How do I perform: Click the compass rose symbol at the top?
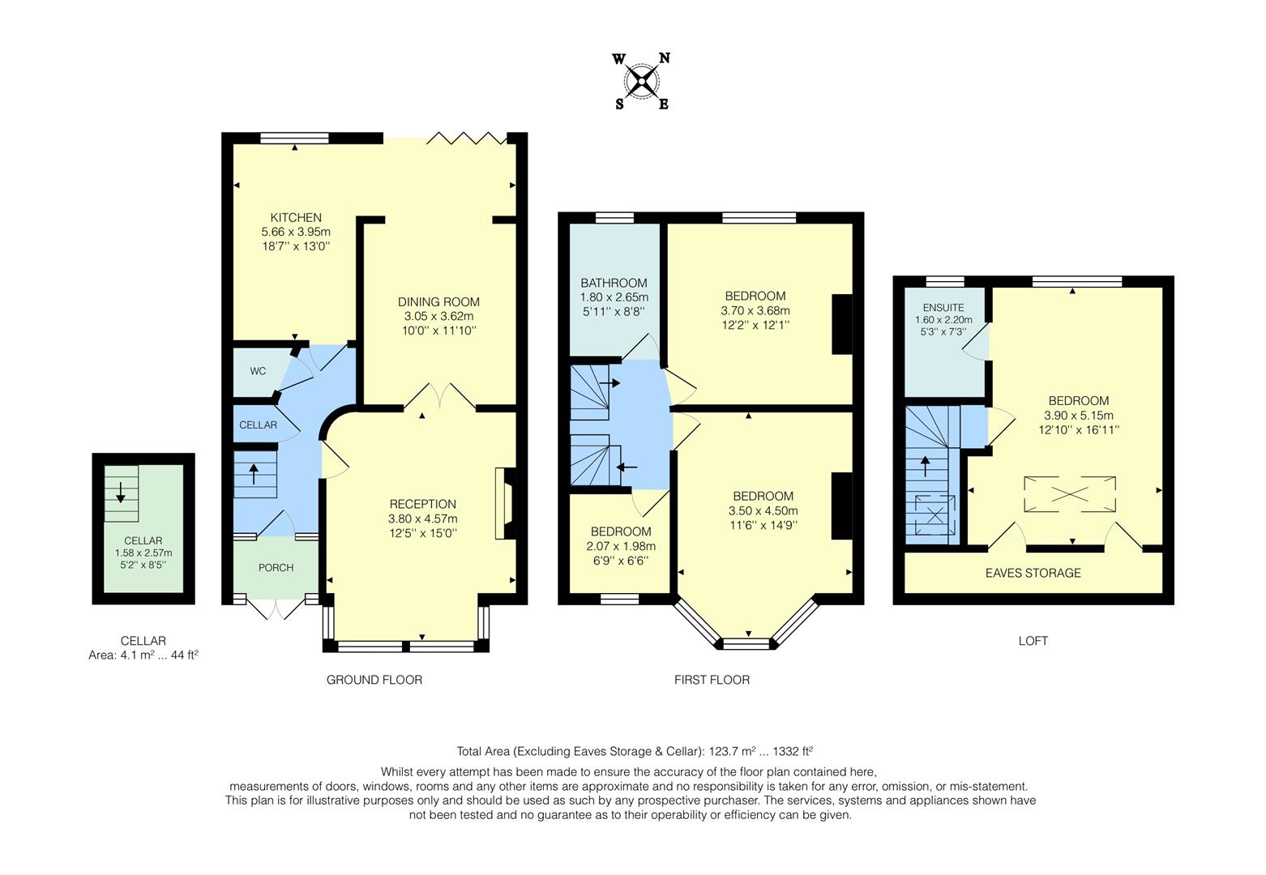[642, 81]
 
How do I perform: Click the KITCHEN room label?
[296, 217]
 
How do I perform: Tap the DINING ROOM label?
[438, 302]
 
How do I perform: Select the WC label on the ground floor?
[258, 371]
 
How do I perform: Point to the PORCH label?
[276, 567]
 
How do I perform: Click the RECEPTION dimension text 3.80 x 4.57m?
[422, 519]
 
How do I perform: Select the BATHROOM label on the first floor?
[614, 283]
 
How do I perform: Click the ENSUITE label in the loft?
[943, 308]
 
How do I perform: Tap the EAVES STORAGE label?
[1033, 573]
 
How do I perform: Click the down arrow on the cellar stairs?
[121, 491]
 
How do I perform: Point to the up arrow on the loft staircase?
[926, 467]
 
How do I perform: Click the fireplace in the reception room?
[504, 503]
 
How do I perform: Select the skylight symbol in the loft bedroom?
[1070, 494]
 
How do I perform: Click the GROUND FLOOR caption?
[374, 680]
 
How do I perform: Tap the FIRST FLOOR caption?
[712, 680]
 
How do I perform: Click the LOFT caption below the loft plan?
[1033, 641]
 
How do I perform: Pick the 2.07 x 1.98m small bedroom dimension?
[620, 546]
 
